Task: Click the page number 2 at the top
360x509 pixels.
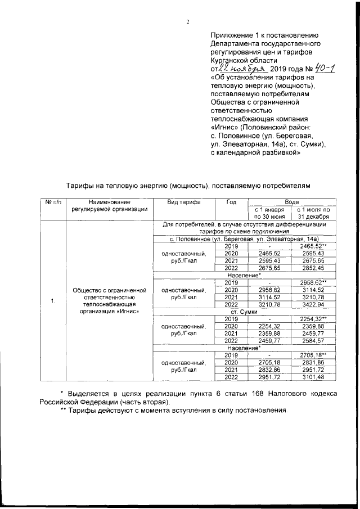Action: pos(187,22)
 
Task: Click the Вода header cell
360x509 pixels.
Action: pos(291,201)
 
